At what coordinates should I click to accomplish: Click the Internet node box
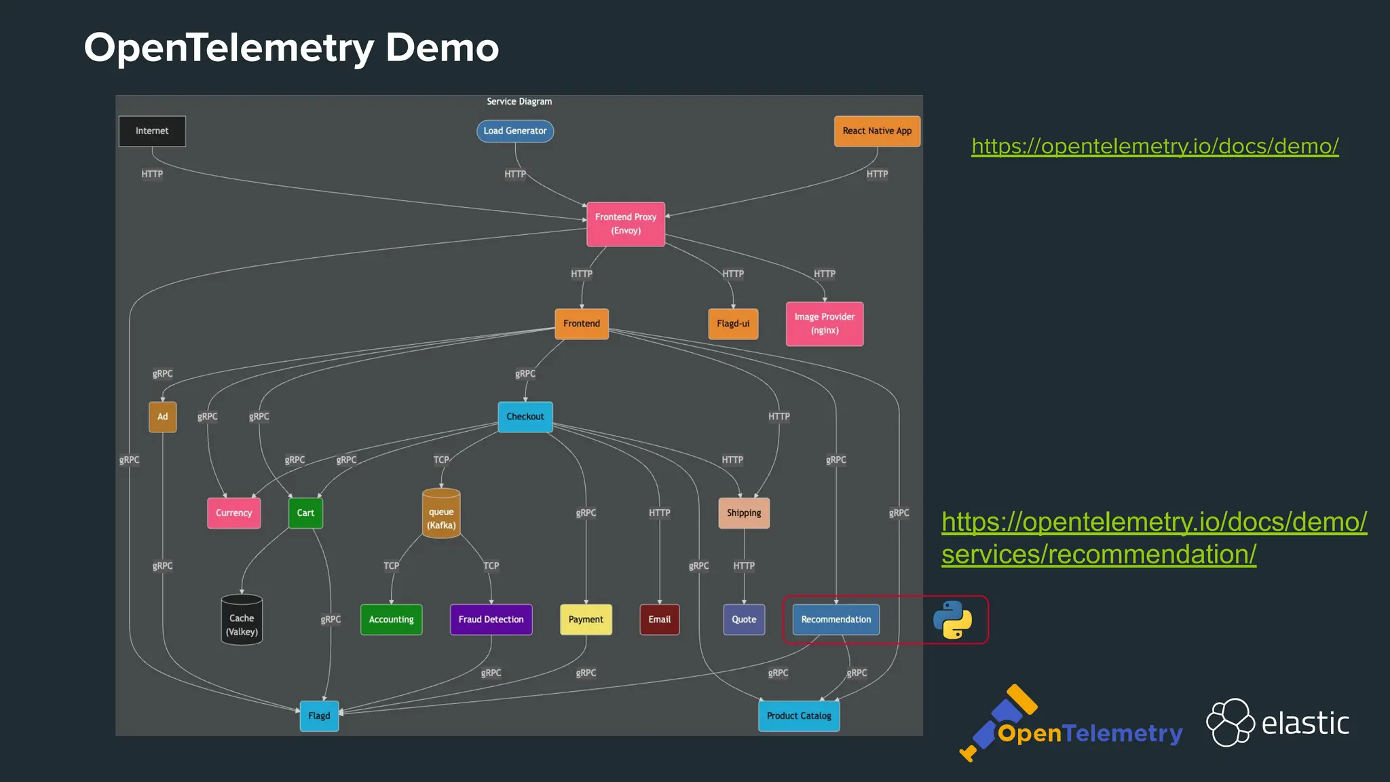[152, 131]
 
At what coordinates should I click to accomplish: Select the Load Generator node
[515, 131]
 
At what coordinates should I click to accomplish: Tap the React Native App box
[877, 131]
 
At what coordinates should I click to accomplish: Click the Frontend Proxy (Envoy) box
[626, 224]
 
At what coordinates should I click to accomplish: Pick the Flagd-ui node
[733, 324]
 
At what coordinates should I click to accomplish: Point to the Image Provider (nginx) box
[825, 324]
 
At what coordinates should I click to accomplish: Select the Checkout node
[525, 417]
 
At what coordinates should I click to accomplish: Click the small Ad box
[163, 417]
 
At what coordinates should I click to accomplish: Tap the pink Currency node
[233, 513]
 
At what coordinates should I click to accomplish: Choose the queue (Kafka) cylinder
[441, 515]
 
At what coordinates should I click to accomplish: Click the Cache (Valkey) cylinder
[242, 620]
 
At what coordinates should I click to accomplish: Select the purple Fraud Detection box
[491, 620]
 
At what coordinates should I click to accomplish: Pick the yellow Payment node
[586, 620]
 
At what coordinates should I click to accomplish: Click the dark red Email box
[659, 620]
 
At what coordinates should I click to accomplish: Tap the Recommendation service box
[835, 620]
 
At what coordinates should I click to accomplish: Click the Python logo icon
[952, 620]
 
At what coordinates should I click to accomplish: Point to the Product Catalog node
[799, 716]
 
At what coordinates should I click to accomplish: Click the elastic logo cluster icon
[1230, 722]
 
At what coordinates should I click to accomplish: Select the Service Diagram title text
[519, 102]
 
